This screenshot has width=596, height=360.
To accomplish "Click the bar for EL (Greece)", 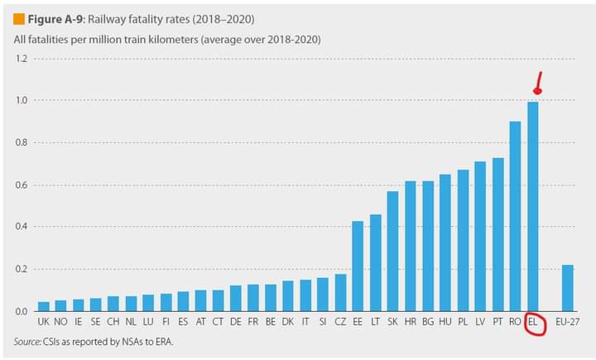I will tap(533, 207).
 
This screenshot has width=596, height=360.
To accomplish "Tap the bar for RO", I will tap(515, 217).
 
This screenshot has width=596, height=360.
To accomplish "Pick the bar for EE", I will tap(358, 266).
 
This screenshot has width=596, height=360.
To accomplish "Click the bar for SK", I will tap(392, 252).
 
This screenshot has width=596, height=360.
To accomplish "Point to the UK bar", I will tap(44, 307).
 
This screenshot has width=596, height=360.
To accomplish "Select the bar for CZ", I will tap(340, 293).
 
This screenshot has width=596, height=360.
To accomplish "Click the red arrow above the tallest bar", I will tap(538, 84).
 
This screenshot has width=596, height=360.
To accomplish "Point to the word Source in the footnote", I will tap(29, 341).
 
